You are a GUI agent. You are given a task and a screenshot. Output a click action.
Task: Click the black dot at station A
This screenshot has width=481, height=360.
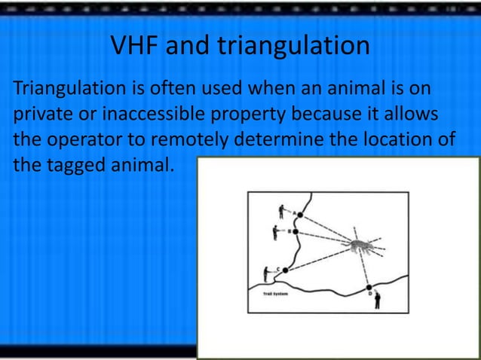click(299, 215)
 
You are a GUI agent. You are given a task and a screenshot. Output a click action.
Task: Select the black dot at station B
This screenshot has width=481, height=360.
click(296, 232)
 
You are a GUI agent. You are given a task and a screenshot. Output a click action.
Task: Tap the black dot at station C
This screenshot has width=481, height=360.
click(285, 270)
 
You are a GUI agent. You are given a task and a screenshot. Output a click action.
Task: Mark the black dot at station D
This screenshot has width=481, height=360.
click(369, 288)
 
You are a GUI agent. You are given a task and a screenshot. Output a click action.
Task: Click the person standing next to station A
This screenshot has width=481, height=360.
click(281, 210)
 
